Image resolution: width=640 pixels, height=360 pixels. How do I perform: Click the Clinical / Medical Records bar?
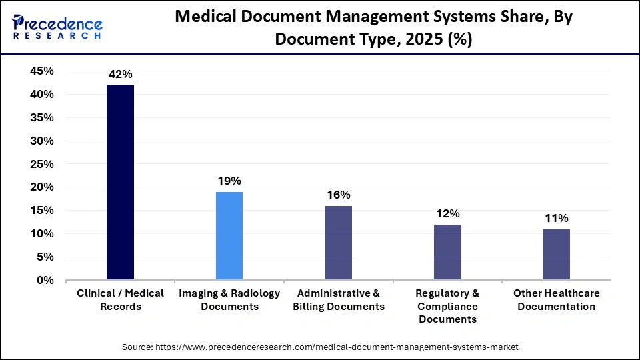tap(120, 182)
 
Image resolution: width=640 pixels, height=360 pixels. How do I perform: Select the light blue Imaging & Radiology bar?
tap(229, 235)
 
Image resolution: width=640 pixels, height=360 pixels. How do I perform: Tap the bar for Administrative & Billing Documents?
tap(339, 243)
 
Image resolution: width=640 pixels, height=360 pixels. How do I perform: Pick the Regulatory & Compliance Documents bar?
tap(447, 252)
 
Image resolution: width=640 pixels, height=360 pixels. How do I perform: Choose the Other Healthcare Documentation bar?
tap(557, 254)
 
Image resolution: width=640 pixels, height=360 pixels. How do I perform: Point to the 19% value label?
tap(229, 181)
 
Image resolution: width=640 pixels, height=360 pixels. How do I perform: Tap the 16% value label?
tap(339, 195)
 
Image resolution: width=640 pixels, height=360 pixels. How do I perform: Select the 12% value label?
tap(447, 214)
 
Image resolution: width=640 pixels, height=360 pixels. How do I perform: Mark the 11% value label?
tap(557, 219)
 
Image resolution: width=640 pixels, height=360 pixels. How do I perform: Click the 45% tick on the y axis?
tap(42, 71)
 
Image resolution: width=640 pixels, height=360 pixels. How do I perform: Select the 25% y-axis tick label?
tap(42, 164)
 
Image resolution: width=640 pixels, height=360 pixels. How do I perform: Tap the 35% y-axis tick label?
tap(42, 118)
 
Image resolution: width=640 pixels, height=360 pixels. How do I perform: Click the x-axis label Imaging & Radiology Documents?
tap(229, 300)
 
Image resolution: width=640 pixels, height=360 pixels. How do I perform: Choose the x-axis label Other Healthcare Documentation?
tap(557, 300)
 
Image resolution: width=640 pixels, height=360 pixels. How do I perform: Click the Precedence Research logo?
tap(57, 27)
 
